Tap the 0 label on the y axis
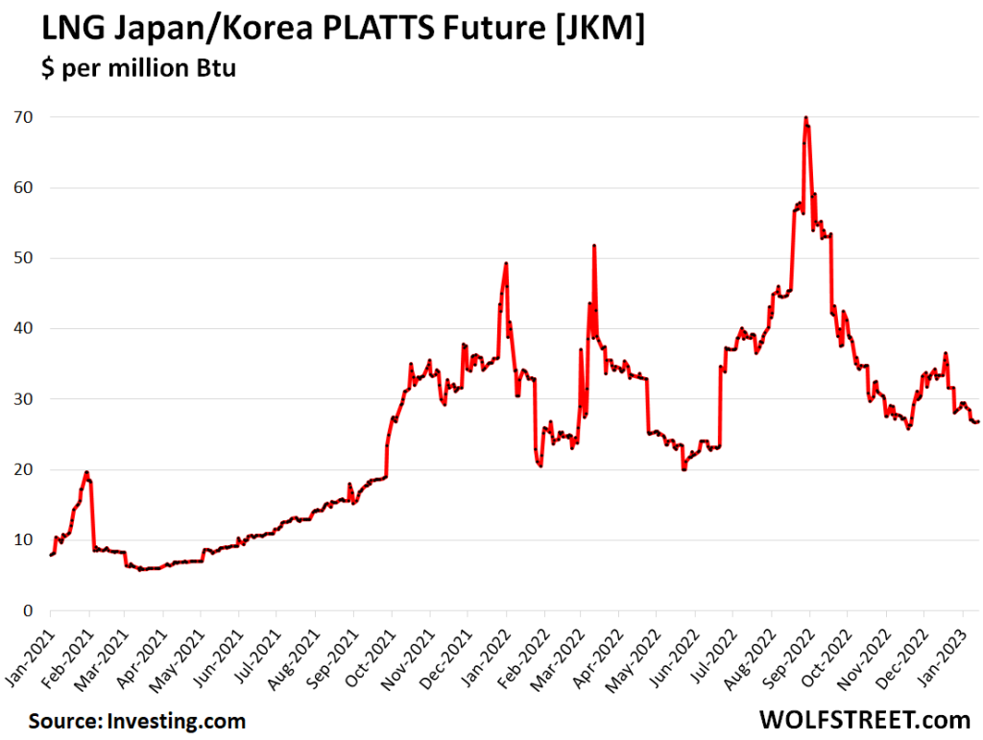[x=28, y=610]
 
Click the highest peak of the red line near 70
[x=805, y=118]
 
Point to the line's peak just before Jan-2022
[x=506, y=263]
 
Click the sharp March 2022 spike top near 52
[x=594, y=246]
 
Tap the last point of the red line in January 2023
[x=977, y=422]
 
